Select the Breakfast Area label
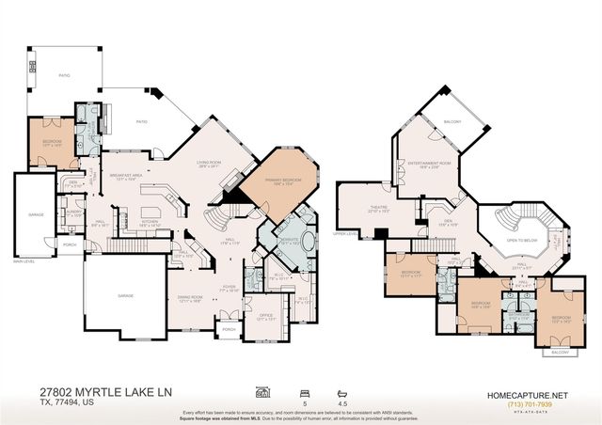(126, 176)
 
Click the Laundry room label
(44, 212)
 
